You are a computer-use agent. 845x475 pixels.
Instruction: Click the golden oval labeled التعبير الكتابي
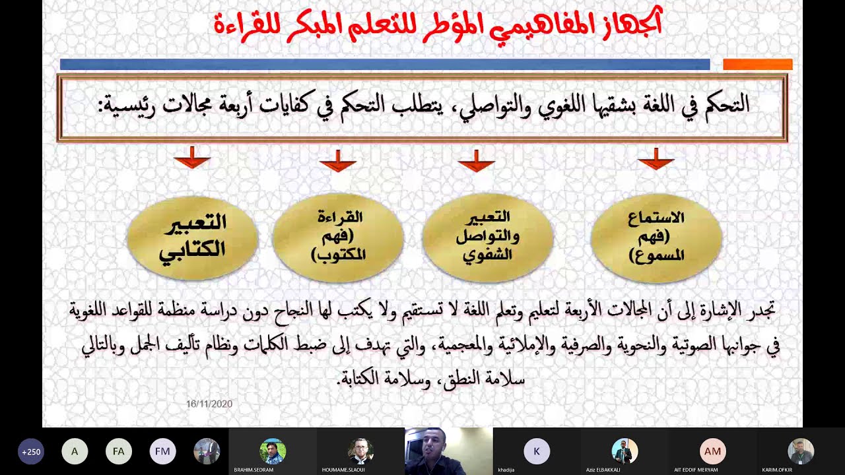pos(192,237)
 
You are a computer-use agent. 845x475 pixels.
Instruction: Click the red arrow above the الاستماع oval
pos(656,159)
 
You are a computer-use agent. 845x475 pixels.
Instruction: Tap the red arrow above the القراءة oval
pos(337,160)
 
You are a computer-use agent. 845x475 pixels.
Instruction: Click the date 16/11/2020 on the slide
pos(209,404)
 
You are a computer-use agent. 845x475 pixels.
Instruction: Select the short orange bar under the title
pos(757,64)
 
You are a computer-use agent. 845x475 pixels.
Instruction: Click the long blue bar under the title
pos(385,64)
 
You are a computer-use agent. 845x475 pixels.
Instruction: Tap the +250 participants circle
pos(31,452)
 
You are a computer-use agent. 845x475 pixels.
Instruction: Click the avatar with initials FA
pos(119,452)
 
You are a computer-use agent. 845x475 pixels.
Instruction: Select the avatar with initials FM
pos(162,452)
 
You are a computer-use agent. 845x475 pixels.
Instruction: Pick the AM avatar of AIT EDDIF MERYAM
pos(713,452)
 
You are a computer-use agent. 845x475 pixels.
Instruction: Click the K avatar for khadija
pos(537,452)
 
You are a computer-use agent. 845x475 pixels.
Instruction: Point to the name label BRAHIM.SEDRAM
pos(253,470)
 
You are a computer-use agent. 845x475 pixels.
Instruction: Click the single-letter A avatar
pos(75,452)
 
